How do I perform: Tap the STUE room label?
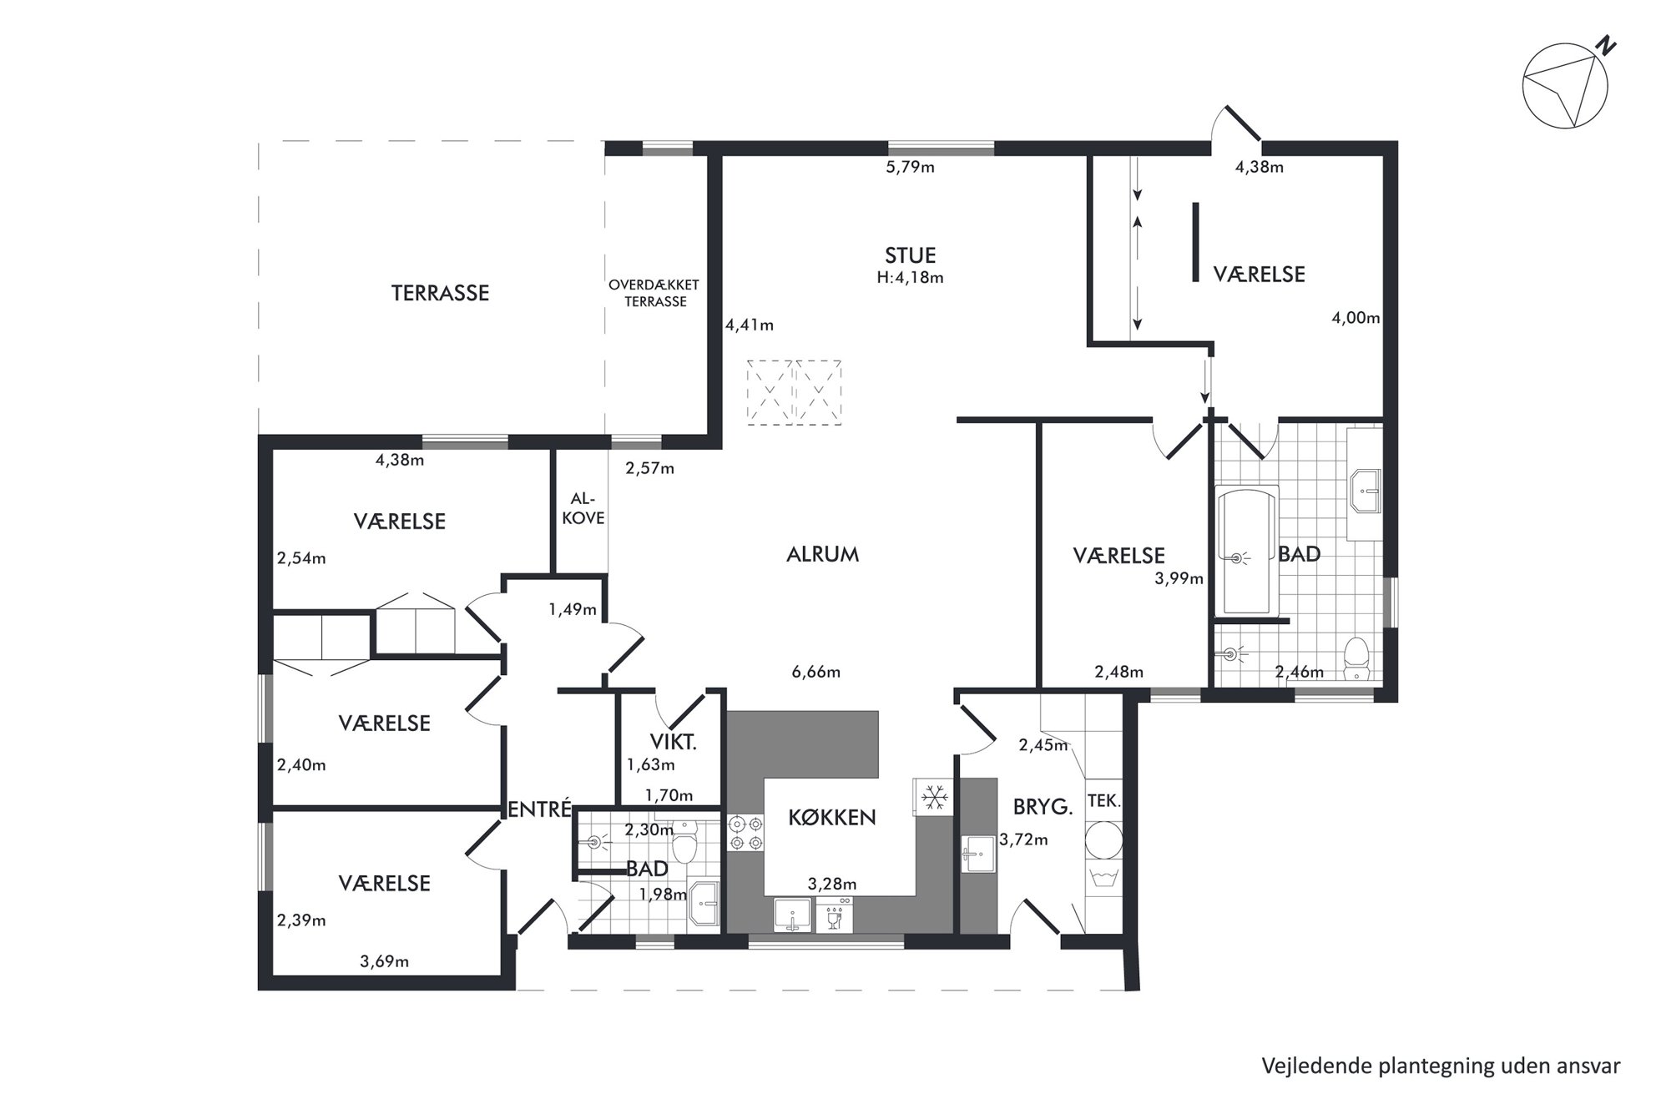tap(910, 255)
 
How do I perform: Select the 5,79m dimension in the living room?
tap(910, 168)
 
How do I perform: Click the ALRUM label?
tap(822, 555)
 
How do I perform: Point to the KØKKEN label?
tap(832, 818)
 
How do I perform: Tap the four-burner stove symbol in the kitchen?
tap(745, 833)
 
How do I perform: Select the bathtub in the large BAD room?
tap(1246, 550)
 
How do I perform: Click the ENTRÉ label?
tap(540, 809)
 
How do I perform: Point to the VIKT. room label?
tap(673, 742)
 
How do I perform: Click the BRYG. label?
tap(1042, 807)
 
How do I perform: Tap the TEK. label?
tap(1103, 801)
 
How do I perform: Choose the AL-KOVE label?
tap(583, 508)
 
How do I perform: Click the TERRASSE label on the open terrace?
tap(440, 293)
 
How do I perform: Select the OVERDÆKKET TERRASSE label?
tap(654, 293)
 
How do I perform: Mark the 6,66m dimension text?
tap(815, 672)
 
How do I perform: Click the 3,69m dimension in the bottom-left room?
tap(384, 962)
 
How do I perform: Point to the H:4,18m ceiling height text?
tap(910, 278)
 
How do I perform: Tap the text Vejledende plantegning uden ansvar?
tap(1441, 1066)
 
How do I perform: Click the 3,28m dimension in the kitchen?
tap(832, 885)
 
